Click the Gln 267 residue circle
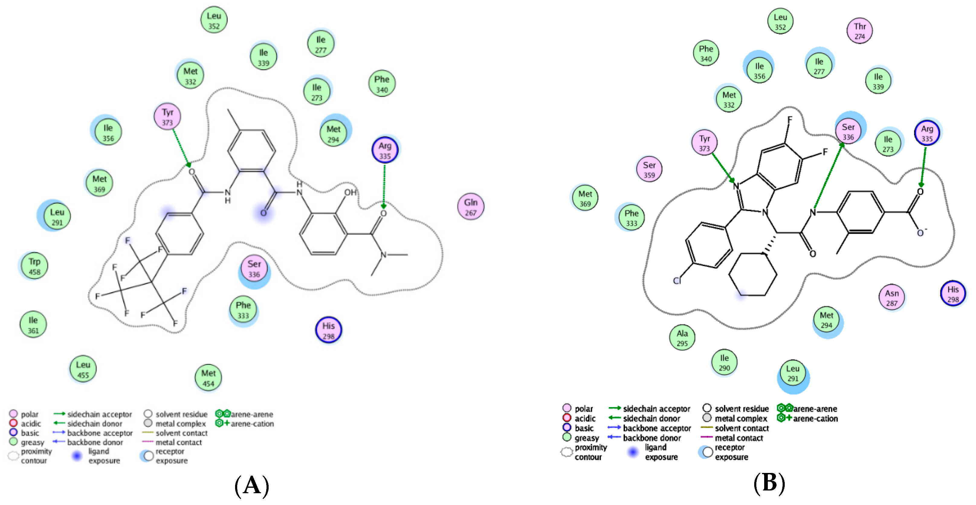click(x=470, y=207)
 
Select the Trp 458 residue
click(x=34, y=266)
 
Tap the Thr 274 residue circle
click(x=860, y=31)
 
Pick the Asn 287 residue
click(x=891, y=298)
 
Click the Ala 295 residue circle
click(x=682, y=338)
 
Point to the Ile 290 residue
click(x=724, y=363)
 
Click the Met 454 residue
click(x=208, y=378)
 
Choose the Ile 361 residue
click(x=33, y=325)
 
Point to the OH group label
click(x=351, y=193)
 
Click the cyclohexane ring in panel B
click(x=753, y=274)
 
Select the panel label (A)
click(x=252, y=486)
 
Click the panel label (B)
click(x=769, y=484)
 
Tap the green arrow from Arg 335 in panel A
click(x=384, y=186)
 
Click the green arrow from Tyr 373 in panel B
click(x=723, y=167)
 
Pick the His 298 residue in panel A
click(x=328, y=331)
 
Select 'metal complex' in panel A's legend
click(x=180, y=423)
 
